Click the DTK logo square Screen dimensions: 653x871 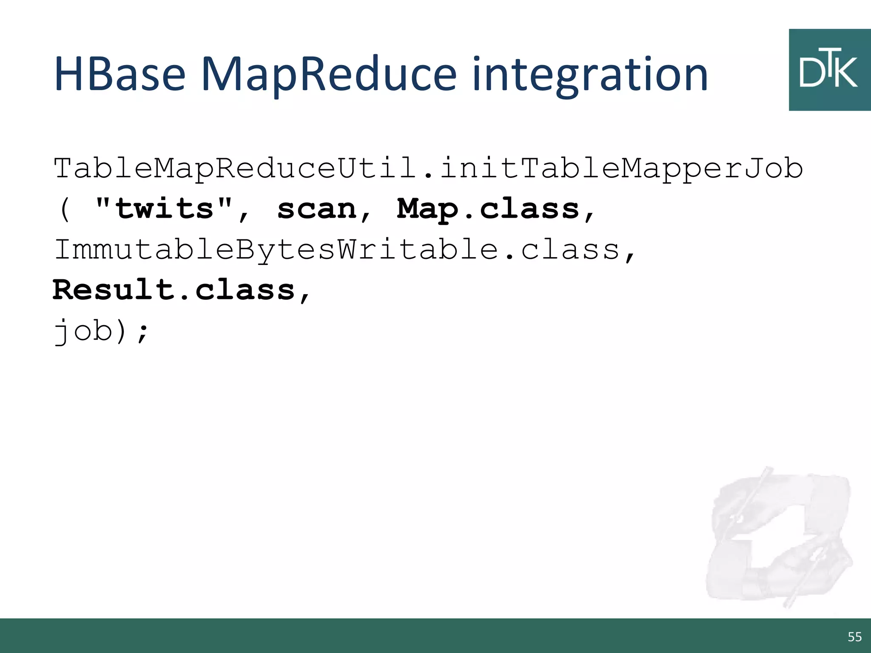829,70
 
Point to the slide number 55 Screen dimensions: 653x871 854,637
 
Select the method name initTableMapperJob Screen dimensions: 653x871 621,168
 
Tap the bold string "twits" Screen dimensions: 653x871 164,209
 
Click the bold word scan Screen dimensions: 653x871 317,209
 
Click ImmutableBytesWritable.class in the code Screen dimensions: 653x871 336,250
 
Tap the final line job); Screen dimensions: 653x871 100,331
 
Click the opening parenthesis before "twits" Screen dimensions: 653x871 64,209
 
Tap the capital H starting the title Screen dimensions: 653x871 70,75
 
